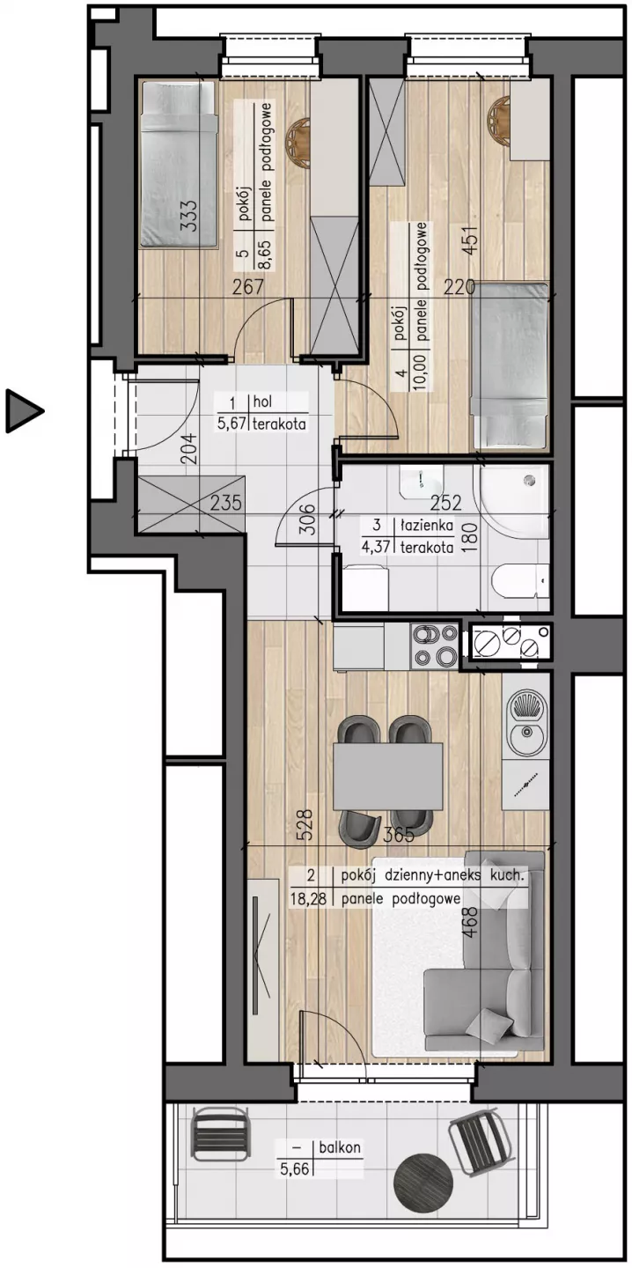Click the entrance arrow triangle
[x=23, y=411]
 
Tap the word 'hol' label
[x=262, y=402]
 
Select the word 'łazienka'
[x=427, y=526]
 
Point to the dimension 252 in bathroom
[x=446, y=502]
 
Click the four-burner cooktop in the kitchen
[x=436, y=645]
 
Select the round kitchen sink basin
[x=526, y=735]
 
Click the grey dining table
[x=388, y=777]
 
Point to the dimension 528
[x=305, y=824]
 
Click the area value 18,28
[x=308, y=898]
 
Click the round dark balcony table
[x=423, y=1182]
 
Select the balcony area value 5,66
[x=295, y=1168]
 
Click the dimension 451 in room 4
[x=470, y=241]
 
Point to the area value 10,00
[x=421, y=370]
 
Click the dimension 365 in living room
[x=399, y=835]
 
